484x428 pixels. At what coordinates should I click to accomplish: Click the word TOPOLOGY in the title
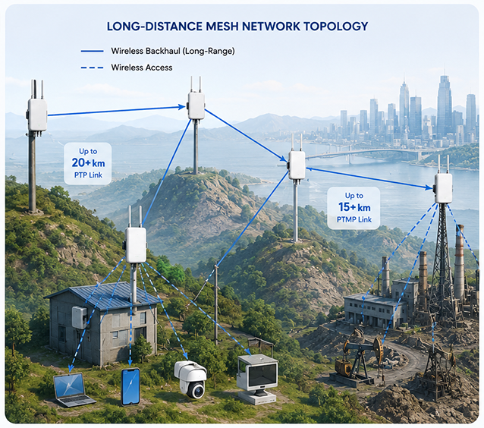pos(336,27)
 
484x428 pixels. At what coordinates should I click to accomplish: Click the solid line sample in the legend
pos(92,52)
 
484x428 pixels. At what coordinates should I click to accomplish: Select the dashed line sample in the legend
pos(92,68)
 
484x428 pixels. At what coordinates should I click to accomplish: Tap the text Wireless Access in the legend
pos(142,68)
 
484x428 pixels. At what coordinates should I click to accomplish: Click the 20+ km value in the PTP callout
pos(88,162)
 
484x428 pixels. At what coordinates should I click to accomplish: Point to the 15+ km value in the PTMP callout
pos(354,207)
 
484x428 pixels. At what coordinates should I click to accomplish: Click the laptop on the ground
pos(74,390)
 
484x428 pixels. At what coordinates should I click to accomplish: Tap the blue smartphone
pos(130,386)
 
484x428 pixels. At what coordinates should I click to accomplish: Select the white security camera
pos(191,379)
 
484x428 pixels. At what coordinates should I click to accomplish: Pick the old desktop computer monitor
pos(257,379)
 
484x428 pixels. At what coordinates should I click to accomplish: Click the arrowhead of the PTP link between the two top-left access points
pos(181,107)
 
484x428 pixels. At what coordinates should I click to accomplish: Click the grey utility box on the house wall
pos(80,317)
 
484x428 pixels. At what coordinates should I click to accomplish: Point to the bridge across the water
pos(364,153)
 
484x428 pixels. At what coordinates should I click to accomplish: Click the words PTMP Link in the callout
pos(354,219)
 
